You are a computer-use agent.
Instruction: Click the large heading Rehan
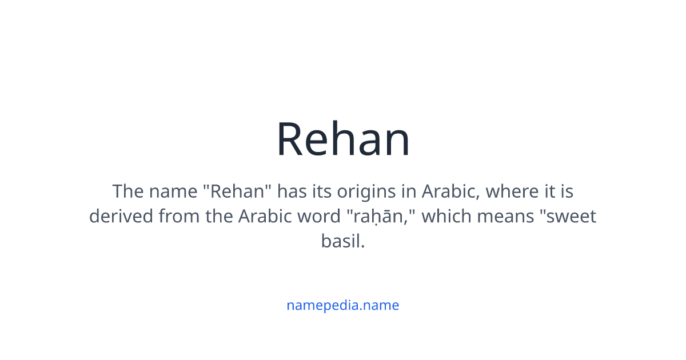click(x=343, y=140)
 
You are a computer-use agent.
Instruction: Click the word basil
click(x=342, y=242)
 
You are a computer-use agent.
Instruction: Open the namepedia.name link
click(x=342, y=305)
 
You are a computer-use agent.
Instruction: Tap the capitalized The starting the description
click(x=129, y=191)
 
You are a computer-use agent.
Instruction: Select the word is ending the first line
click(x=567, y=191)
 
